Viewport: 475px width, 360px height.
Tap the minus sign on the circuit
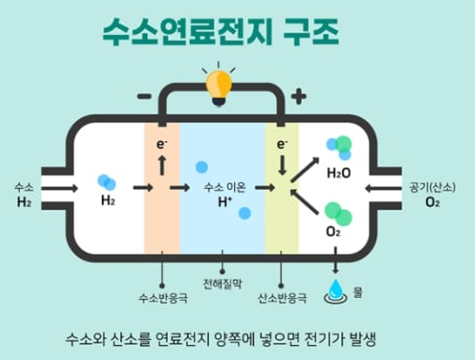(x=141, y=95)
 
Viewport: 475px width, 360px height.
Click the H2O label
(x=339, y=173)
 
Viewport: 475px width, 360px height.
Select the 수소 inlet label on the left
(x=24, y=187)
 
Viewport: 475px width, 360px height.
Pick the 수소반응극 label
(x=163, y=298)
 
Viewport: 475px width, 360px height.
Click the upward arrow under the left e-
(x=162, y=163)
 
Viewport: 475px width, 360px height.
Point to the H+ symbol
(x=224, y=202)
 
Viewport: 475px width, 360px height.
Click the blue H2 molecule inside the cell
(x=107, y=181)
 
